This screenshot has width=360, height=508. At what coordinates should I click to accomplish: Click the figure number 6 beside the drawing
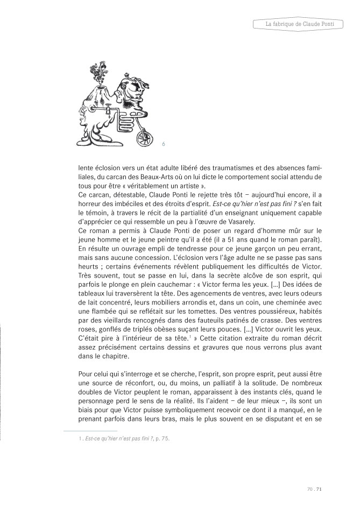(163, 144)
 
